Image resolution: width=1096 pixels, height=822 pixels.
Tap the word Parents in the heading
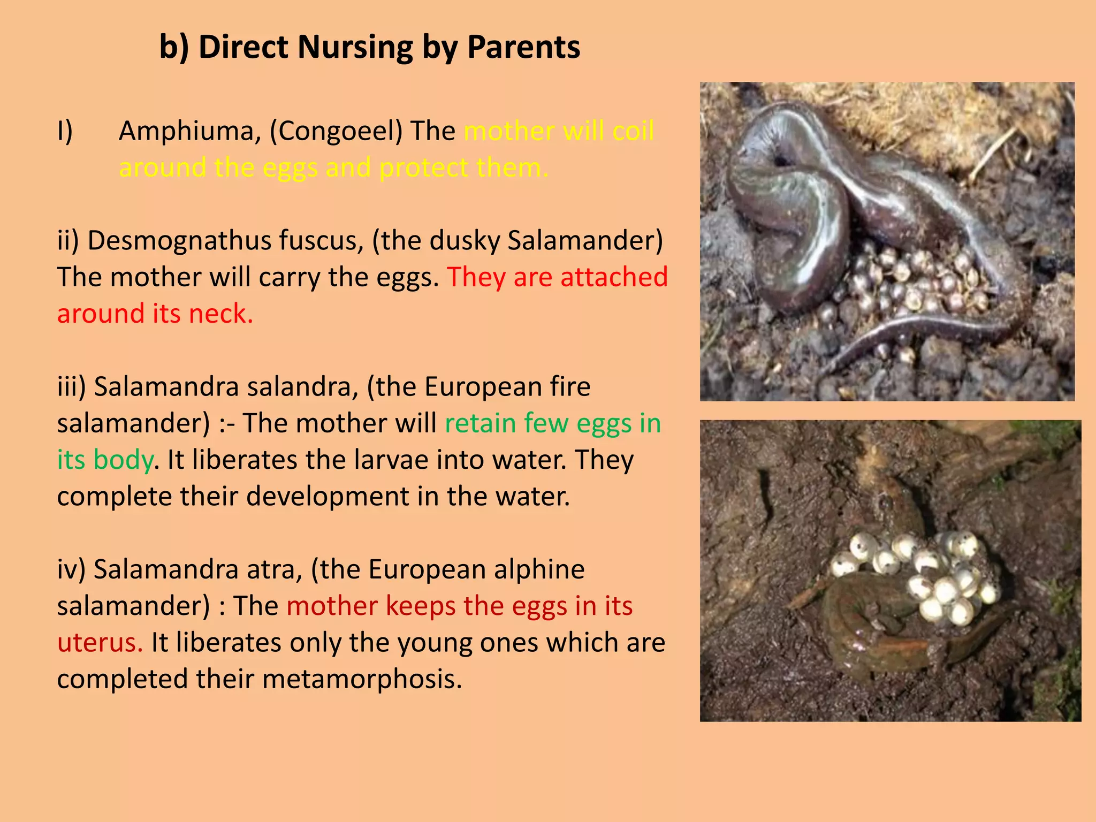(523, 47)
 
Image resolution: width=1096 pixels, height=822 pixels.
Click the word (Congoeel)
(336, 131)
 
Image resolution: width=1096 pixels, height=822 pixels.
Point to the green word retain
(479, 423)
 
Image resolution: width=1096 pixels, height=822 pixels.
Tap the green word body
(123, 460)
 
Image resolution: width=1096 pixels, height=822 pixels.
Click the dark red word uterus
(100, 642)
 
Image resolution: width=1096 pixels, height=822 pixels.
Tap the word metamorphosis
(362, 679)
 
